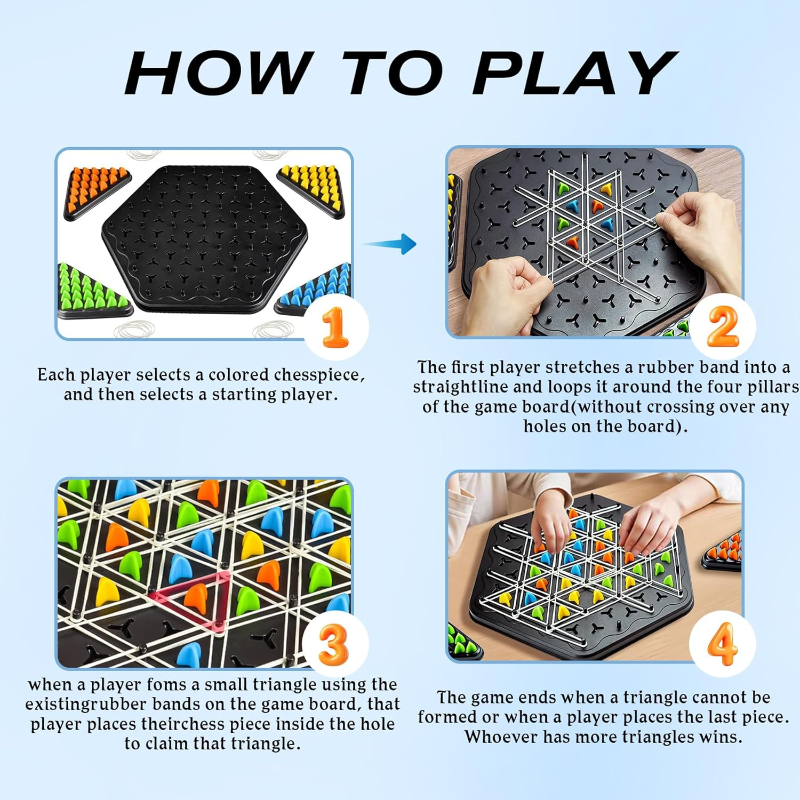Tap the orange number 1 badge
pos(335,327)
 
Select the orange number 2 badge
pos(723,326)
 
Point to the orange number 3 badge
pos(334,644)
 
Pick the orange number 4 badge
pos(722,644)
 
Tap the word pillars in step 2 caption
pos(772,387)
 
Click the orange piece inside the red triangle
pos(195,596)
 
